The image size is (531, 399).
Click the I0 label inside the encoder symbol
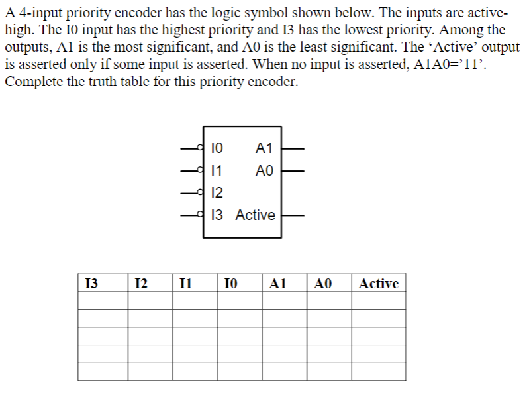pos(217,147)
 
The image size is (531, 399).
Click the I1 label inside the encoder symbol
pos(216,170)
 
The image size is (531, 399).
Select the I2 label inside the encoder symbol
pos(217,192)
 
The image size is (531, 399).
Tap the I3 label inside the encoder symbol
pos(217,215)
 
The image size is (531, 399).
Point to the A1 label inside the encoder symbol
pos(264,147)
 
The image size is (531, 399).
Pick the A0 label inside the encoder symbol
pos(264,170)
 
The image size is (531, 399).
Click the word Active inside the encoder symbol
pos(256,215)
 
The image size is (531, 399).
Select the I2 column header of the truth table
pos(140,284)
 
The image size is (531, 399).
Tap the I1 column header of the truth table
pos(186,284)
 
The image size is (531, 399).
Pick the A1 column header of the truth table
pos(278,284)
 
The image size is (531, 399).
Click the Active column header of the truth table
pos(378,284)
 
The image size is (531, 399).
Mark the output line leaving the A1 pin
pos(293,147)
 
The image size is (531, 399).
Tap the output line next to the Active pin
pos(293,215)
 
